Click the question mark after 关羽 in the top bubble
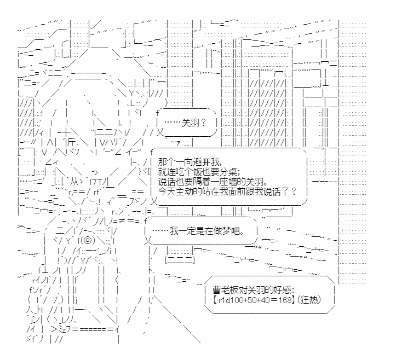pos(204,123)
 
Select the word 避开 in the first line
pos(199,162)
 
